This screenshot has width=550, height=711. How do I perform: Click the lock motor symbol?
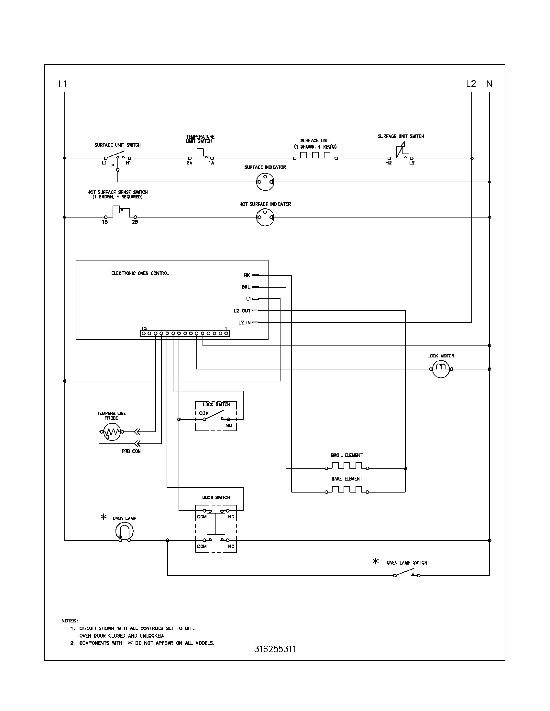[441, 369]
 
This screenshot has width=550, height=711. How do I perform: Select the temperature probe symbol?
[112, 432]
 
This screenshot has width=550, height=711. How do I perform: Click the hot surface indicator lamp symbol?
[265, 217]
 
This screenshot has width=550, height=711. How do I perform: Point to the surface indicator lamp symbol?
[265, 182]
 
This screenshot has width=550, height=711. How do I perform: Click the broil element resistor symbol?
[347, 466]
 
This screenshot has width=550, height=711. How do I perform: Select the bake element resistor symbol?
[347, 489]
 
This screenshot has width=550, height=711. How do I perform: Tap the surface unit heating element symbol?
[315, 156]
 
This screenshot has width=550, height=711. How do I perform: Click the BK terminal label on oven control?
[247, 275]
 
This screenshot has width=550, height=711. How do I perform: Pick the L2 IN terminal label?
[244, 323]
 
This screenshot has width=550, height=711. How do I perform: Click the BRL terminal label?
[246, 287]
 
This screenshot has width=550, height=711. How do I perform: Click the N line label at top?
[489, 84]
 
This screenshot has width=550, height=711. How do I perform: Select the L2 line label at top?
[471, 84]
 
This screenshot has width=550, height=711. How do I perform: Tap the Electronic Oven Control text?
[140, 273]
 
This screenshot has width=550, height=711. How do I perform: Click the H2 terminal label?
[388, 163]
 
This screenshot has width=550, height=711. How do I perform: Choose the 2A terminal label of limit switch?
[189, 163]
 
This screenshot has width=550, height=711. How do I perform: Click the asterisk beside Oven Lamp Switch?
[375, 561]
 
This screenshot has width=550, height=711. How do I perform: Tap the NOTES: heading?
[70, 621]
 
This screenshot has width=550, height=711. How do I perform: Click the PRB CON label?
[131, 451]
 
